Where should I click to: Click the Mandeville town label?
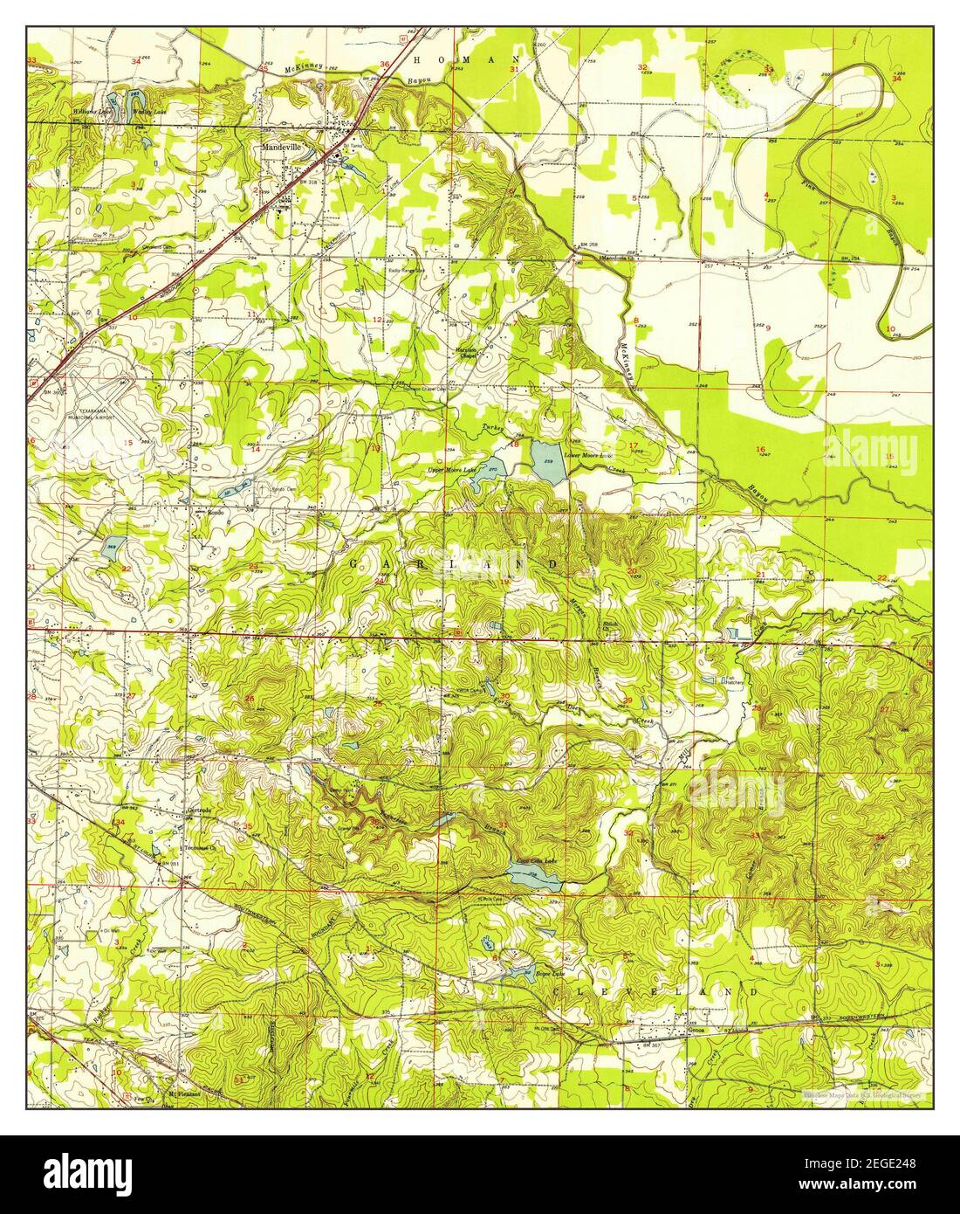click(x=282, y=148)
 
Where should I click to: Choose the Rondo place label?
click(x=215, y=513)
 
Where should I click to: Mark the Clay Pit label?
click(x=106, y=236)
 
